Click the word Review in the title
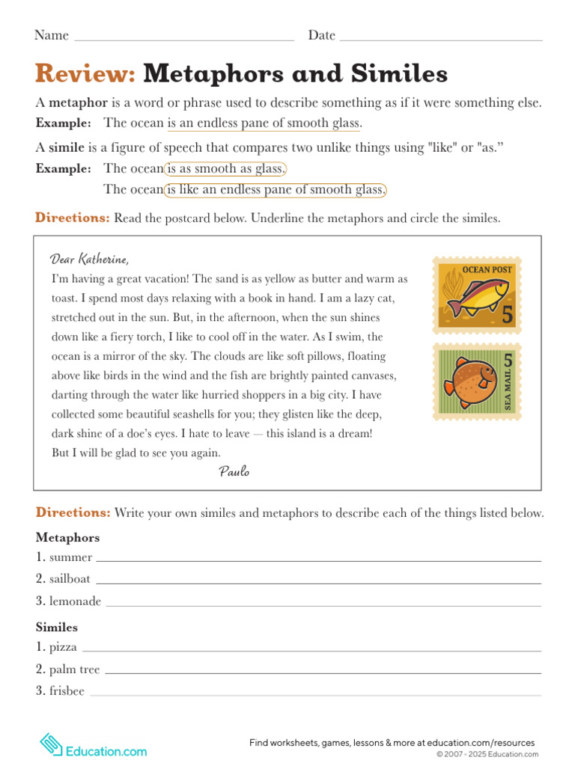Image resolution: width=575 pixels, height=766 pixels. point(85,73)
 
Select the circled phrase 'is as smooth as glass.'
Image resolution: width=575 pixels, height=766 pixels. point(225,168)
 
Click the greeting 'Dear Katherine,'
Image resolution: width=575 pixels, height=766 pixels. point(90,259)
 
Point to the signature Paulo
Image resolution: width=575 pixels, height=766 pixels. point(234,471)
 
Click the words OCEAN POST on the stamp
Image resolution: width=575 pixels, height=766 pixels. point(487,269)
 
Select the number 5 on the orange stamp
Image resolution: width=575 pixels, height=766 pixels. point(508,315)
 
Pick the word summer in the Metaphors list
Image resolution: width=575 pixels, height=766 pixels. point(70,557)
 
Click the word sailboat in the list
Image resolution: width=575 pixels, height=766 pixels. point(70,579)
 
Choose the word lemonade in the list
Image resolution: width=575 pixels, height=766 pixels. point(75,601)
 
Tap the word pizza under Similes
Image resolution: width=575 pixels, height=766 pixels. point(63,647)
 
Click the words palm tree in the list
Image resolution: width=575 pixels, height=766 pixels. point(74,670)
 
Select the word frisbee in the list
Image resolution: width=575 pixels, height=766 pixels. point(67,691)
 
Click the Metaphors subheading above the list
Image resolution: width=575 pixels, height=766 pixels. point(67,538)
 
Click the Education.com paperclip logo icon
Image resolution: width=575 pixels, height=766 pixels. point(50,744)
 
